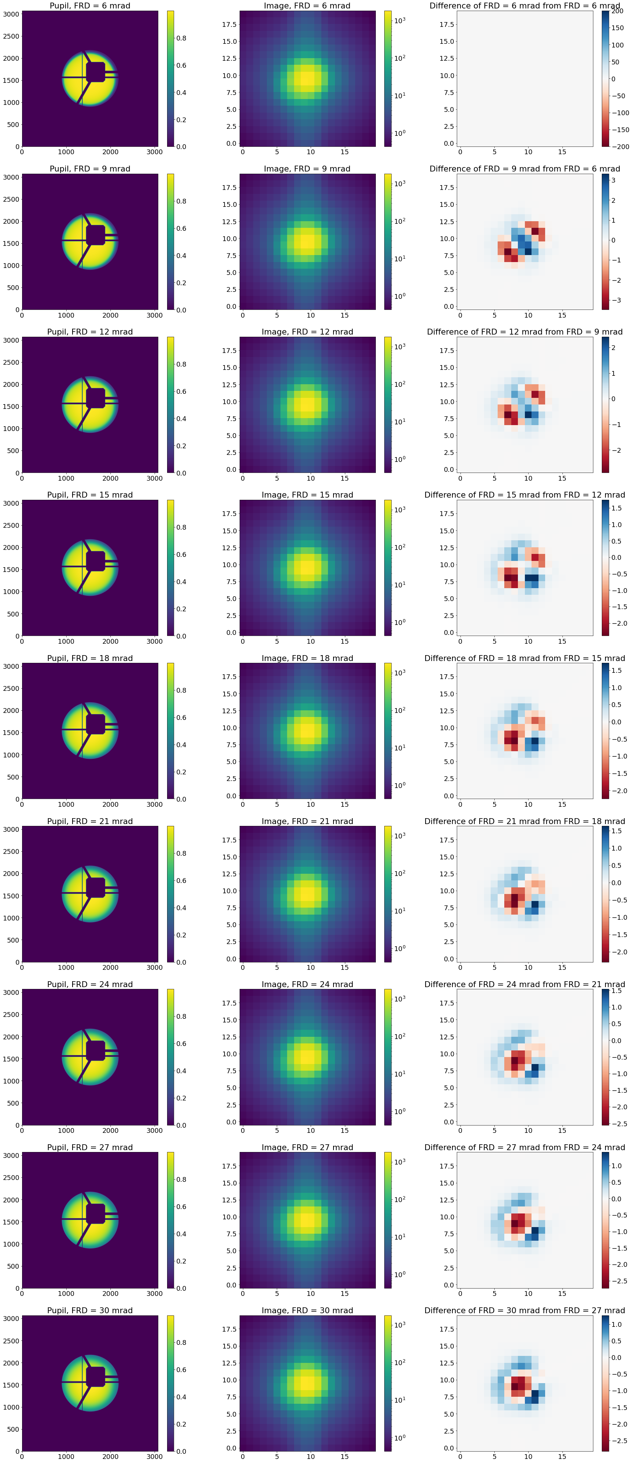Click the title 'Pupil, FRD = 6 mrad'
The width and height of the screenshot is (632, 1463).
click(x=90, y=6)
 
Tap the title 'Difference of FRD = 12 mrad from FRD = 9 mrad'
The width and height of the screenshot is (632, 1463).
click(x=524, y=332)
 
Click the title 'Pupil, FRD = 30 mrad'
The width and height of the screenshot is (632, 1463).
click(x=90, y=1310)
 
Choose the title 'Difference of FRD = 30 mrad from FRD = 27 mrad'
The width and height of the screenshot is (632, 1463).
click(x=524, y=1310)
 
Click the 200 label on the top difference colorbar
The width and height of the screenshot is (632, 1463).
click(x=617, y=11)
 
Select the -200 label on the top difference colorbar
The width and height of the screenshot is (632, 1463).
click(x=619, y=146)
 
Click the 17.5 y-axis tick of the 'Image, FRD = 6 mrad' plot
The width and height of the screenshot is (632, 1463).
click(x=229, y=24)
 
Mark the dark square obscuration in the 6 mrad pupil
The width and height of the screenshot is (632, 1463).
click(x=95, y=71)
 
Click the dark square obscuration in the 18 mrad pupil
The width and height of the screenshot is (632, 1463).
click(x=95, y=724)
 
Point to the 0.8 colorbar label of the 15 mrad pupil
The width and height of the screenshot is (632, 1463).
click(x=181, y=527)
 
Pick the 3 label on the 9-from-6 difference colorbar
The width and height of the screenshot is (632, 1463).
click(x=613, y=180)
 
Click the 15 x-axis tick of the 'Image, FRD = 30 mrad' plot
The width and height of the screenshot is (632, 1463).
click(x=345, y=1456)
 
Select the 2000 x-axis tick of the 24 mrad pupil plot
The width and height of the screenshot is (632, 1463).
click(x=110, y=1130)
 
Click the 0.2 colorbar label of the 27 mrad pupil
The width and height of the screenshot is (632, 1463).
click(x=181, y=1261)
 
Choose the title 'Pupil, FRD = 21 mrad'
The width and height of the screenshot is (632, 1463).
click(x=90, y=821)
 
